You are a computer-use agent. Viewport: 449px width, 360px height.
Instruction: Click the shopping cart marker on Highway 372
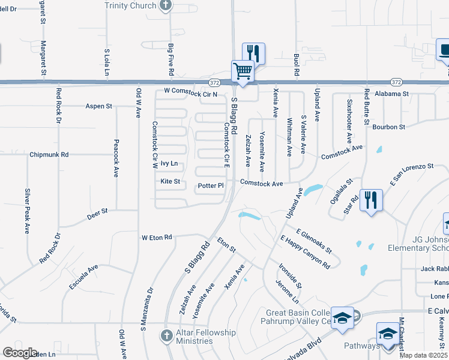point(243,71)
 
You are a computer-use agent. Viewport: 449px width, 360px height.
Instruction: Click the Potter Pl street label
point(211,186)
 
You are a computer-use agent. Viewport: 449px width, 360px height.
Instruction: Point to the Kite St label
point(170,181)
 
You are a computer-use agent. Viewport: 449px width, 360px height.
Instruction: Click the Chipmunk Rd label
point(49,154)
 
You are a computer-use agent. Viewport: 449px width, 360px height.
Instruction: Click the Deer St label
point(97,211)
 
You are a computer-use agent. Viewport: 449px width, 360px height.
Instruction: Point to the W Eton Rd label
point(157,238)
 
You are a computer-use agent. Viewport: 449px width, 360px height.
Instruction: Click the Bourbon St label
point(389,127)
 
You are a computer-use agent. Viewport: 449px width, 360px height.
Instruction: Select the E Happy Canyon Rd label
point(306,252)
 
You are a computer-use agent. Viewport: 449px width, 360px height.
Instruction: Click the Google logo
point(20,353)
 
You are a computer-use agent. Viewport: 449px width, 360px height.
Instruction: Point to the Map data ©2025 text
point(424,356)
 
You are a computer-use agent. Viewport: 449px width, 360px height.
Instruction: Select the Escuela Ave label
point(83,277)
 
